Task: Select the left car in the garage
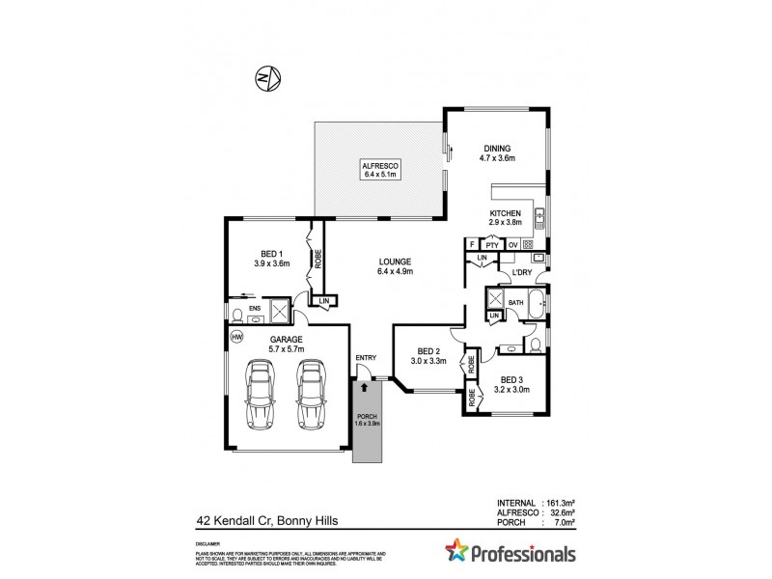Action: (260, 394)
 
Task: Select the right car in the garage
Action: (311, 394)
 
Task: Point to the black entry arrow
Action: (364, 386)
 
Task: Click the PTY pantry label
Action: (491, 245)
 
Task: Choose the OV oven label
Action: (512, 245)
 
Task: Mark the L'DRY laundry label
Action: (522, 273)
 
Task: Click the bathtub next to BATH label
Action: (537, 303)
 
